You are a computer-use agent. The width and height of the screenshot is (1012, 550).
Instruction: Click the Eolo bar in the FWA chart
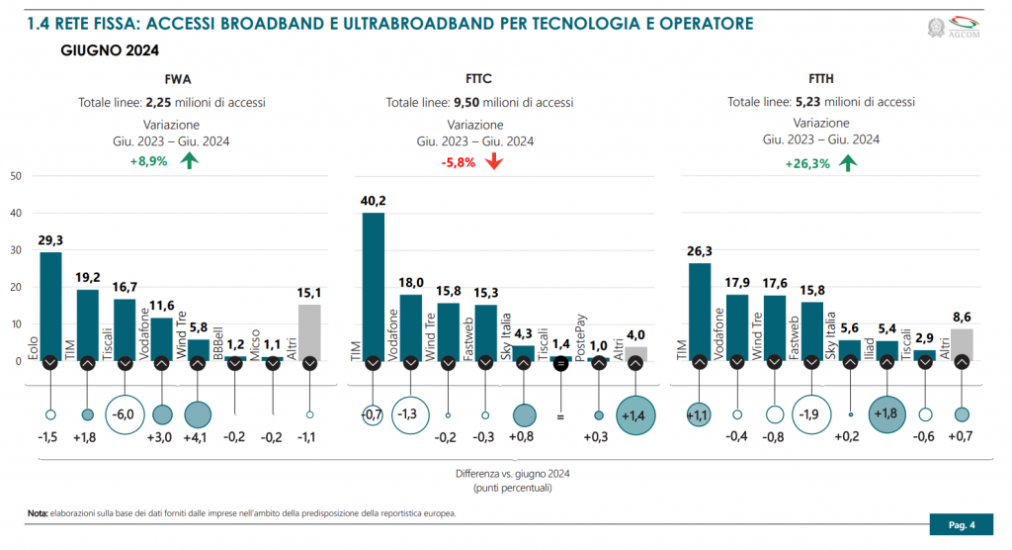click(50, 307)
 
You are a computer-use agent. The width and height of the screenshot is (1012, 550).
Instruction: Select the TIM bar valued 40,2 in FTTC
click(374, 287)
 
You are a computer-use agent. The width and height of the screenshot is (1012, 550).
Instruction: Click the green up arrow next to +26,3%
click(847, 162)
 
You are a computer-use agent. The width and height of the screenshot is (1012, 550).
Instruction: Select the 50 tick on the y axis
click(15, 176)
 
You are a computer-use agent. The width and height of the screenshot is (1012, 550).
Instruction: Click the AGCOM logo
click(958, 28)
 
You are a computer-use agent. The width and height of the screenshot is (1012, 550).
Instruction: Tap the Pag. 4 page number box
click(962, 524)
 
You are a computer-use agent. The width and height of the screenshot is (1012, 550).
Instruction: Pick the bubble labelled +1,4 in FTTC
click(634, 414)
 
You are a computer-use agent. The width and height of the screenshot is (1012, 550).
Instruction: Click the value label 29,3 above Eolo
click(50, 240)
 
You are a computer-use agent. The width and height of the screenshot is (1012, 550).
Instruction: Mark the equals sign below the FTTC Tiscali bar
click(559, 416)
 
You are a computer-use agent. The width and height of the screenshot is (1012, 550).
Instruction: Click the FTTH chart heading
click(820, 79)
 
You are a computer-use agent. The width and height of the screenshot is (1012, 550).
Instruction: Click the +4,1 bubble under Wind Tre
click(198, 414)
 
